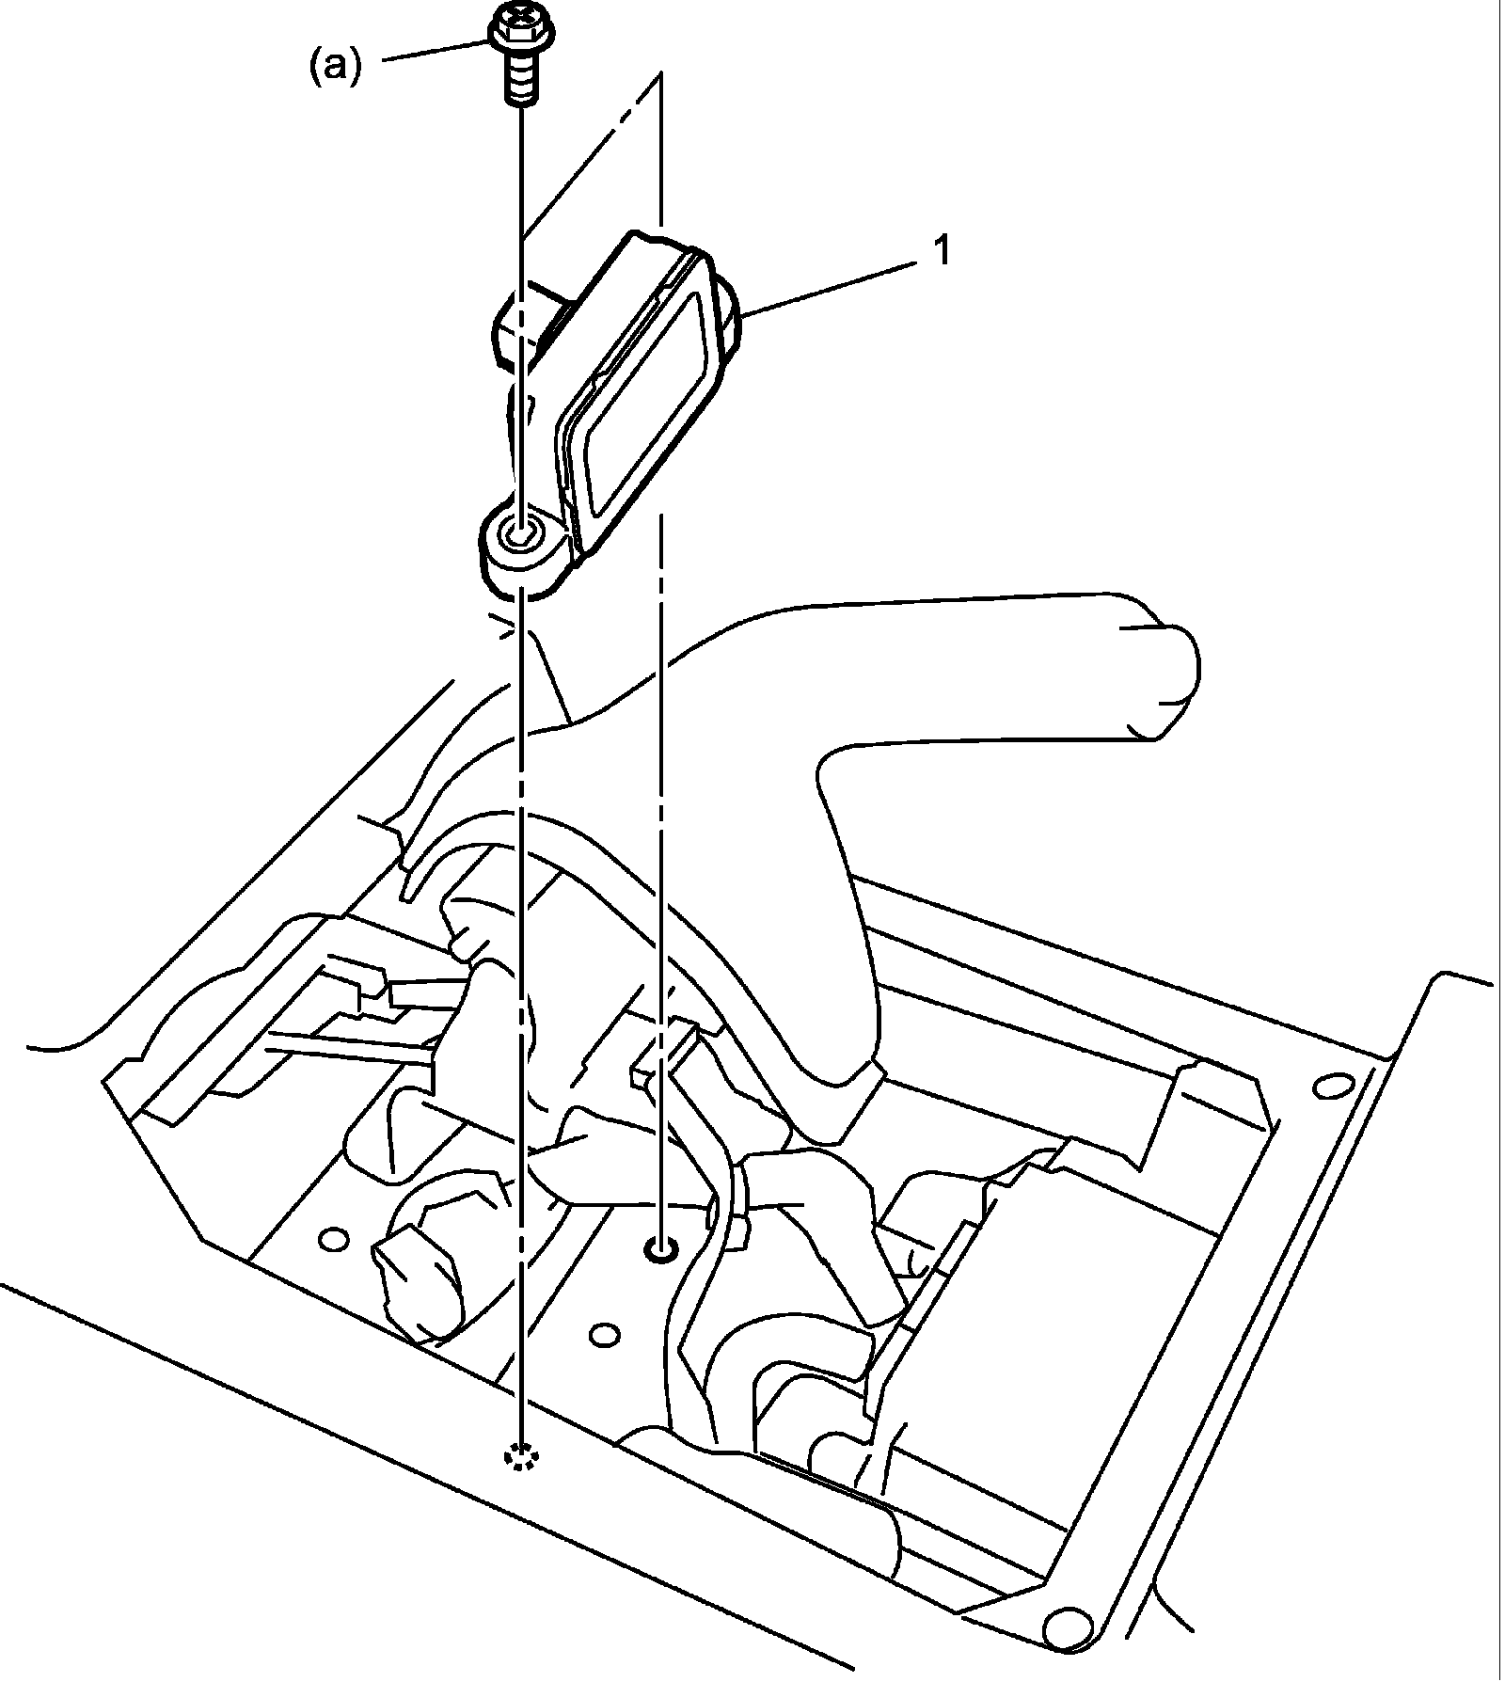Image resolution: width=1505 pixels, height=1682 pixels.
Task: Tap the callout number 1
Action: coord(941,251)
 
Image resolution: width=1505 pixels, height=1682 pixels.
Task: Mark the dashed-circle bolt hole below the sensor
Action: coord(519,1484)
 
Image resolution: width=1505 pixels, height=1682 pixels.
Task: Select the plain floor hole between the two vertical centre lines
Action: coord(605,1336)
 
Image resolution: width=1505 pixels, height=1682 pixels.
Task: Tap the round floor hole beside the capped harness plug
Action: coord(333,1240)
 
